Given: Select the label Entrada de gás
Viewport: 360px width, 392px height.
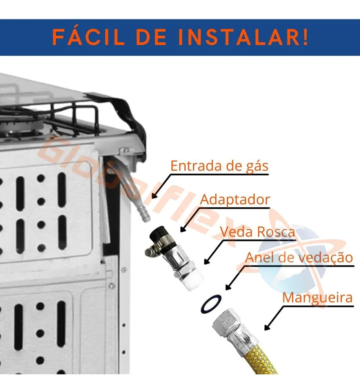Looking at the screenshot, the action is tap(219, 166).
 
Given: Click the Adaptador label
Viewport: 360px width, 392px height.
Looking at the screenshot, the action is tap(235, 200).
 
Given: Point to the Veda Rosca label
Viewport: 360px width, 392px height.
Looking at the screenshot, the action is tap(258, 232).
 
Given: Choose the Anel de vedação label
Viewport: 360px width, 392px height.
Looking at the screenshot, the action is tap(299, 257).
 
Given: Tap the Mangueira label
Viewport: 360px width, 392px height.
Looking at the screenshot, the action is tap(318, 298).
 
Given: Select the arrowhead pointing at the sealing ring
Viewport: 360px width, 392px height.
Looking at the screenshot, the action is tap(228, 287).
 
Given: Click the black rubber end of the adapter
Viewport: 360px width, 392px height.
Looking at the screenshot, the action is tap(158, 234).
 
